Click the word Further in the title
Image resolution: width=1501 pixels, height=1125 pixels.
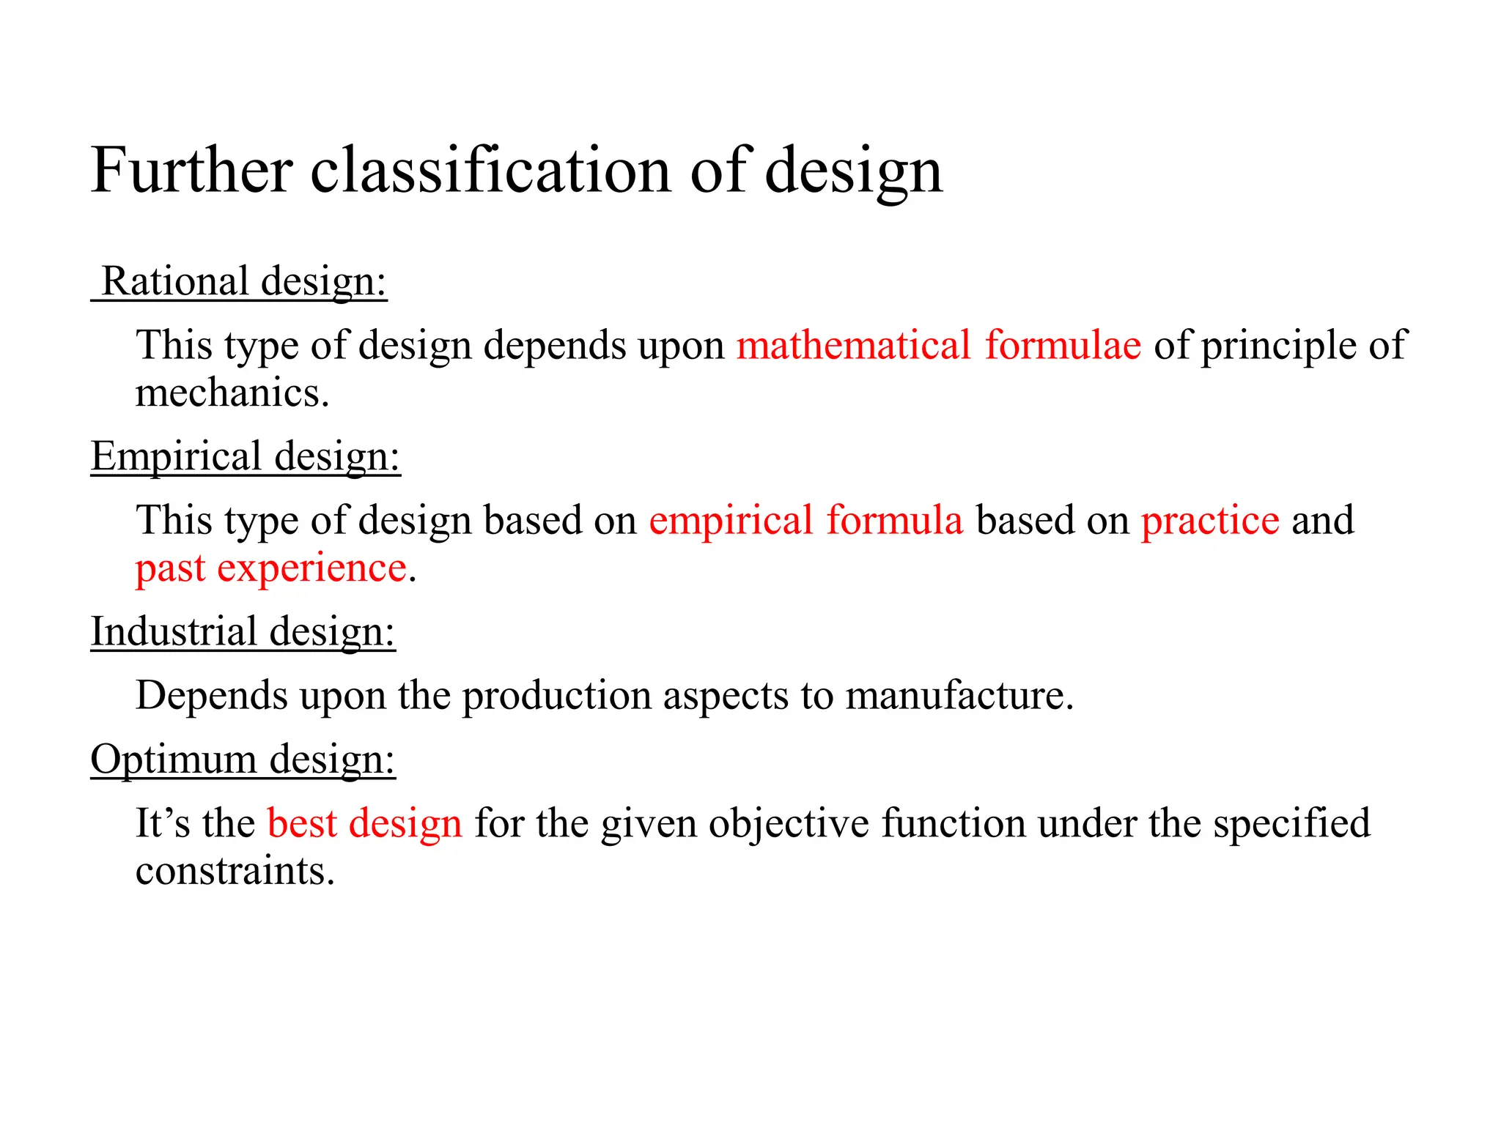[x=192, y=170]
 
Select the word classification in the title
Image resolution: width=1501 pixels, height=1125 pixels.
[x=491, y=170]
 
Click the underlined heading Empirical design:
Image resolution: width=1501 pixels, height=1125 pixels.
[x=246, y=456]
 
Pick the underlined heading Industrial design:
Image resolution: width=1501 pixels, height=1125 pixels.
[x=243, y=631]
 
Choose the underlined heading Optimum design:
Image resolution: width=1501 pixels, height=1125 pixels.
[x=243, y=759]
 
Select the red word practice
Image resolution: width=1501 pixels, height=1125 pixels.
[x=1210, y=520]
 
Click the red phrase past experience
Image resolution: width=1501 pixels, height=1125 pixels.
[x=271, y=568]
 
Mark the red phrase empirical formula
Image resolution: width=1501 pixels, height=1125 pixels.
[x=805, y=520]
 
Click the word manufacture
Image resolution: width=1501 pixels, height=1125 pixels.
[x=959, y=695]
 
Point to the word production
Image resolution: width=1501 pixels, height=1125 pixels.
[x=556, y=695]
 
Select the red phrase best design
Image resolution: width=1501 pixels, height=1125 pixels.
[x=364, y=823]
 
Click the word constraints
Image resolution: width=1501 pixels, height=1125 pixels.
[x=235, y=870]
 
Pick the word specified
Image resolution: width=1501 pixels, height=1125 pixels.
[x=1291, y=823]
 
